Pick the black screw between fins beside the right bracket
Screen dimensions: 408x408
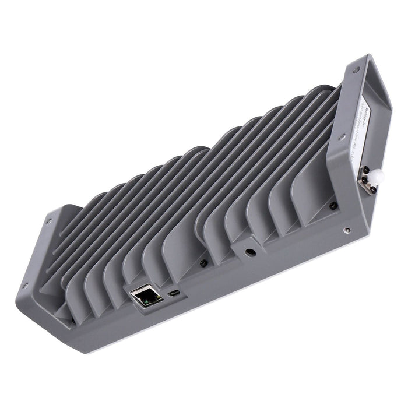(332, 205)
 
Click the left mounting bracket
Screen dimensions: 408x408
(41, 262)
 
